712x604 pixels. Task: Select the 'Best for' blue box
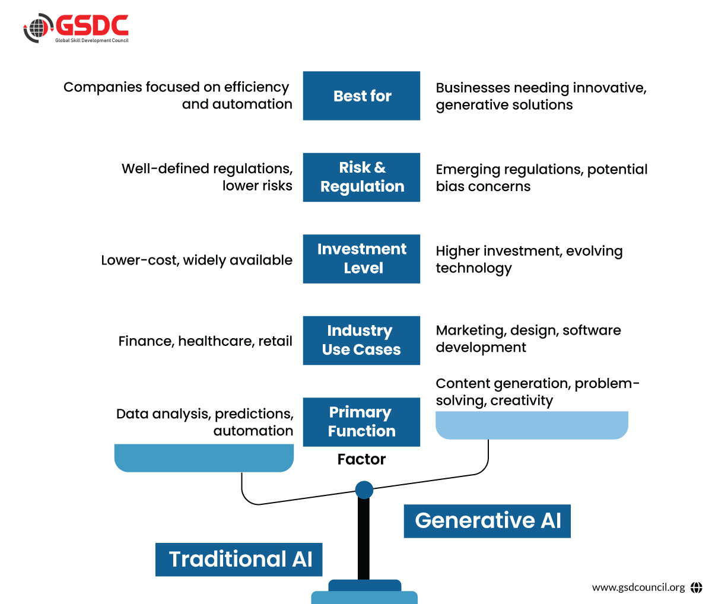point(361,96)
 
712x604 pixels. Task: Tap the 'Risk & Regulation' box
point(361,177)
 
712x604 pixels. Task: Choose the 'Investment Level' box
point(361,258)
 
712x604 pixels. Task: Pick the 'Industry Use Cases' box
point(361,340)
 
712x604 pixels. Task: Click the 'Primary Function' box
point(361,421)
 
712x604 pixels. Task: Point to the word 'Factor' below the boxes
point(361,459)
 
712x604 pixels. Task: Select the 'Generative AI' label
point(487,521)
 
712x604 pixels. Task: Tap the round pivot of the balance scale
point(364,490)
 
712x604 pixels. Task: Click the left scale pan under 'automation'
point(204,458)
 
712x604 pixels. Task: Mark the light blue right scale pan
point(532,425)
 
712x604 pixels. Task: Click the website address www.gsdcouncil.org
point(638,587)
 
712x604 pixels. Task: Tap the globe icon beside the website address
point(696,587)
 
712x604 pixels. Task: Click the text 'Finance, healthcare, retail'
point(205,341)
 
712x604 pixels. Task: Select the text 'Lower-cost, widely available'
point(196,260)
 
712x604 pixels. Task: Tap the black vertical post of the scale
point(364,540)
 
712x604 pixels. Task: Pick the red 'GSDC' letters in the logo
point(92,26)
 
